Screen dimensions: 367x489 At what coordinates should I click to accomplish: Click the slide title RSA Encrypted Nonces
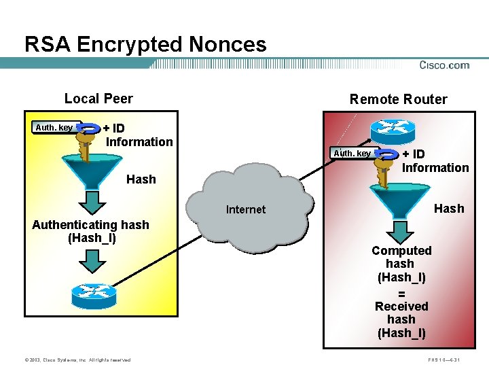click(145, 45)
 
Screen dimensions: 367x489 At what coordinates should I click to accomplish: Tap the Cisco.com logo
click(444, 65)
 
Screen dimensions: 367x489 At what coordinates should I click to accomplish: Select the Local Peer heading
click(98, 99)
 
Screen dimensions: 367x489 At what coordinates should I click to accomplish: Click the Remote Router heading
click(398, 99)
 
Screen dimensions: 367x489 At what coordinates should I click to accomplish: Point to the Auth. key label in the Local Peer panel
click(54, 127)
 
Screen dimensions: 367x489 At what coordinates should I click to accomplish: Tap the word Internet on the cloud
click(246, 209)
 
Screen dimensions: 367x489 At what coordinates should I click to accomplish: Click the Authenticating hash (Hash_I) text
click(90, 231)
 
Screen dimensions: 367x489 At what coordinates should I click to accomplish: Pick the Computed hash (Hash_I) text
click(401, 264)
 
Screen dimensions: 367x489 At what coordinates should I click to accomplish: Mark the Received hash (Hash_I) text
click(401, 319)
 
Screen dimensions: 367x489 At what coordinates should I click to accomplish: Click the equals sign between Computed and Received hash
click(401, 294)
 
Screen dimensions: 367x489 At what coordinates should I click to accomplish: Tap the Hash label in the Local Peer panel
click(141, 179)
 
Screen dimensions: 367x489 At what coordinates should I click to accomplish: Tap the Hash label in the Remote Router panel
click(449, 208)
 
